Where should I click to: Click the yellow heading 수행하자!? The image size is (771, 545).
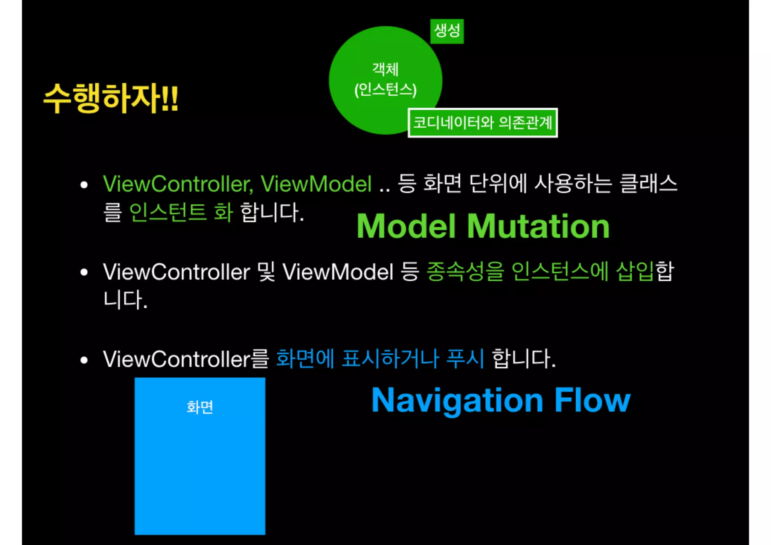pos(111,99)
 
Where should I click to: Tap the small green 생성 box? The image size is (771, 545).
pos(447,31)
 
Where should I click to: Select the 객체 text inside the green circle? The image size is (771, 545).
pos(385,69)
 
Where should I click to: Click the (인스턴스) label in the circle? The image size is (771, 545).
pos(385,90)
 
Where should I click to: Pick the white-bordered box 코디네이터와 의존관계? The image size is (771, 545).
pos(483,123)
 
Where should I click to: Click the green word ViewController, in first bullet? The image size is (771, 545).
pos(178,184)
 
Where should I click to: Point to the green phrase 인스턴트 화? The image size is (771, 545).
pos(181,212)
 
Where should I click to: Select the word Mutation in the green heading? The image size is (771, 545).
pos(538,226)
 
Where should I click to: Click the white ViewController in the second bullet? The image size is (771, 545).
pos(176,272)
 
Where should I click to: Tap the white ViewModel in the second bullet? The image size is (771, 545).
pos(338,272)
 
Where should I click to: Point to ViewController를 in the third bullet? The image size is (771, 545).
pos(186,359)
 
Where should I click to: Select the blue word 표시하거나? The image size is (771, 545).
pos(390,359)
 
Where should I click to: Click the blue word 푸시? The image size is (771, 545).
pos(465,359)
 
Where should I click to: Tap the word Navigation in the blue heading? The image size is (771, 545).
pos(457,400)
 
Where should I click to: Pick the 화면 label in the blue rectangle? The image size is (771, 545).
pos(200,407)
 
